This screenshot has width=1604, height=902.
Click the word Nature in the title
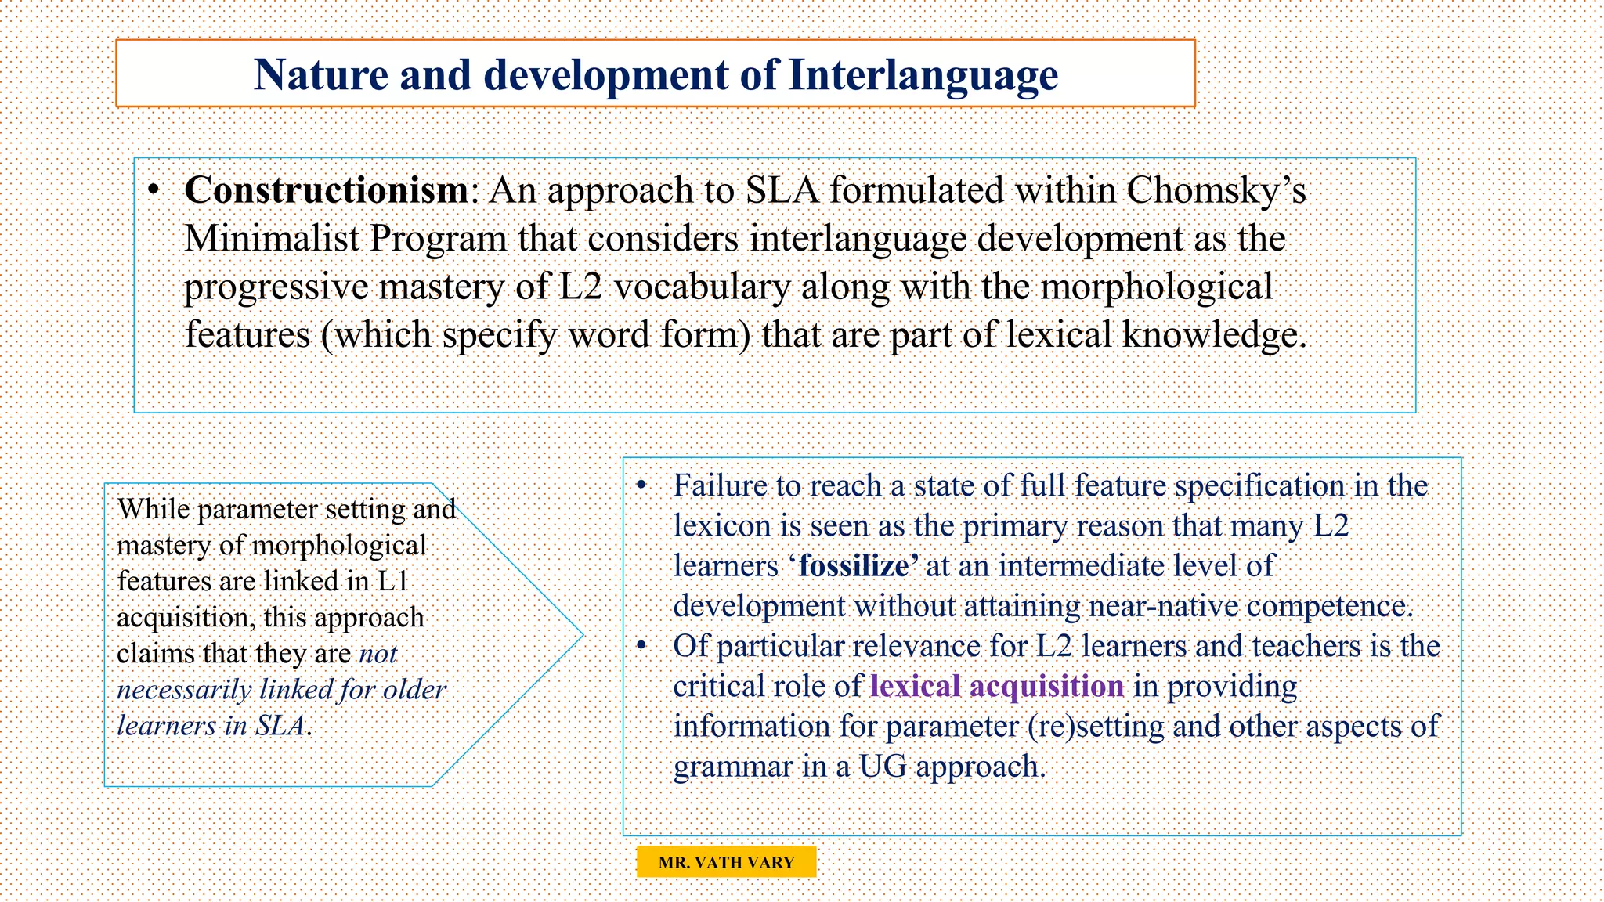click(x=320, y=76)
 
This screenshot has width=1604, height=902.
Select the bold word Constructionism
click(x=326, y=190)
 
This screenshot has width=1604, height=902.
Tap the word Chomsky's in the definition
click(x=1216, y=190)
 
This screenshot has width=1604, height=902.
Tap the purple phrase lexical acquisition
click(x=997, y=687)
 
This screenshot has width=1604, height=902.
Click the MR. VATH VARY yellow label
click(x=726, y=862)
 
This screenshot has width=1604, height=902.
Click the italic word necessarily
click(x=184, y=690)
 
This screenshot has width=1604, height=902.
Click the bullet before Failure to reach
click(x=641, y=486)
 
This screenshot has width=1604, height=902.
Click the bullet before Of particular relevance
click(x=641, y=646)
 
